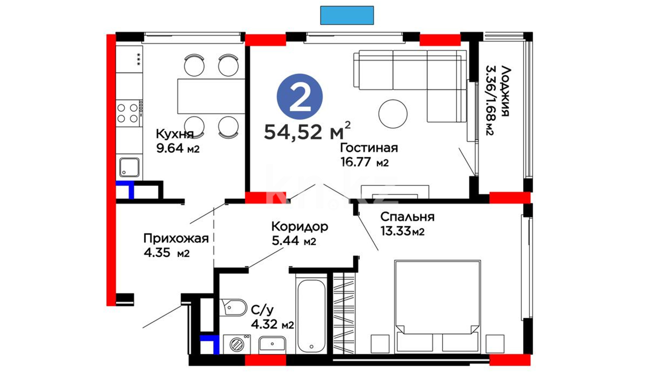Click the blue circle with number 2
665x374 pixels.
300,97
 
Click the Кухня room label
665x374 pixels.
175,134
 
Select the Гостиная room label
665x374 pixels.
369,148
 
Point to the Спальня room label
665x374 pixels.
407,217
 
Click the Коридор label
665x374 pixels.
300,227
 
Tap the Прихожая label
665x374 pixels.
176,239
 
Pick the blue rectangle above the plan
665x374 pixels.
347,15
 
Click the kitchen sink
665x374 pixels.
130,168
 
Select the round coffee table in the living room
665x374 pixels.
393,114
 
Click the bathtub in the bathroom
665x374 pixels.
311,315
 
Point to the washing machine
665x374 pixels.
237,344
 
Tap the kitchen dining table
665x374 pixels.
211,96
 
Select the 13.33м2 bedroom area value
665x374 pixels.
402,231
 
